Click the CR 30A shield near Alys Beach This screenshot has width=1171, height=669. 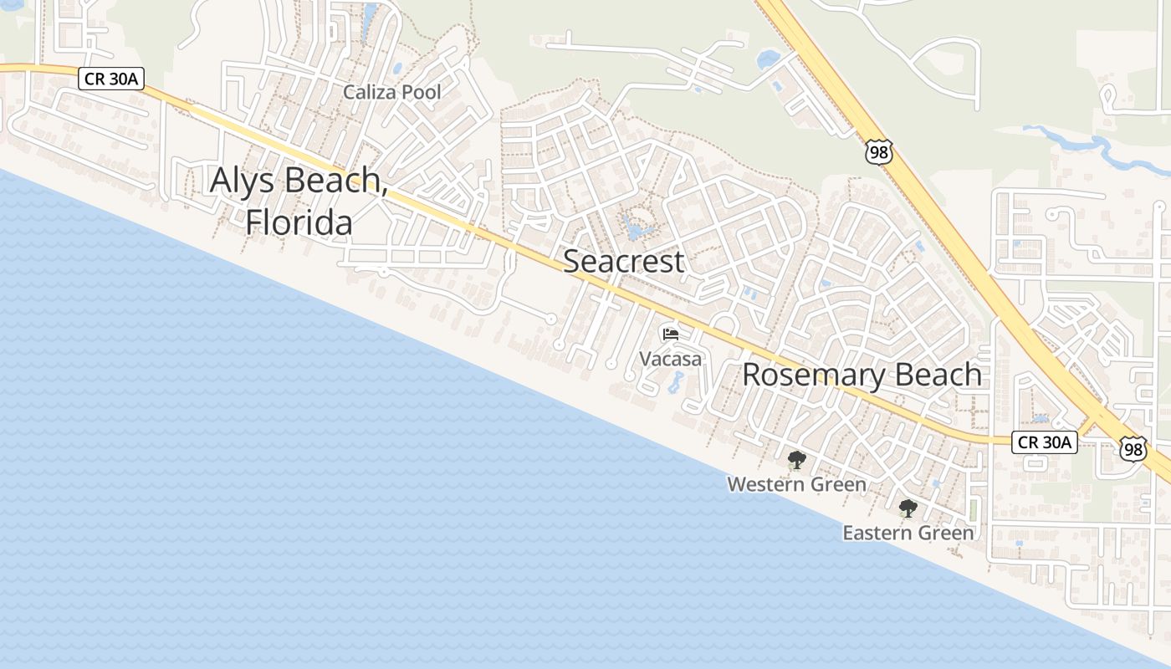point(112,79)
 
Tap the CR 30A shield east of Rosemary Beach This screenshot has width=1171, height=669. point(1044,442)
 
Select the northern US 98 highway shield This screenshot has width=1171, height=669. point(879,151)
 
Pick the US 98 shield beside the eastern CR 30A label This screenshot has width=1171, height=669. point(1133,449)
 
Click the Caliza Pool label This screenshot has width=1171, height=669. point(391,92)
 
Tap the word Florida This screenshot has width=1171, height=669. point(299,223)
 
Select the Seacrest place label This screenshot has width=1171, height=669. point(623,261)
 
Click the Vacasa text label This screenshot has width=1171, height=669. point(670,359)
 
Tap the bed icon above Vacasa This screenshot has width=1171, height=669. point(670,334)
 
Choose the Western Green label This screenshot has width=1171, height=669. point(796,484)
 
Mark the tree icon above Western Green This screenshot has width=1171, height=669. point(796,459)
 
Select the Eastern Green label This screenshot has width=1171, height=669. point(908,533)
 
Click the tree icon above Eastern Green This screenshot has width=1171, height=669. point(908,508)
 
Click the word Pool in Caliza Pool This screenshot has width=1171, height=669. point(420,92)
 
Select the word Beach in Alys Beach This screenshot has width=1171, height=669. point(334,181)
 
